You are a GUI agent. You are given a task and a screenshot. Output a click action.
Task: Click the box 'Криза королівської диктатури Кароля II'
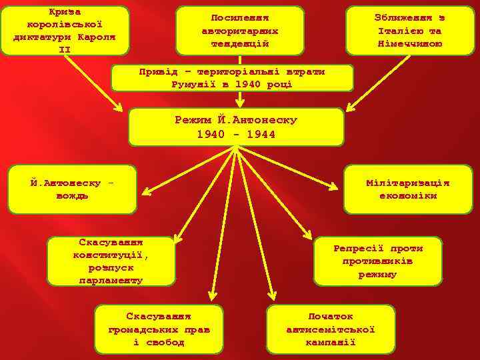pyautogui.click(x=65, y=31)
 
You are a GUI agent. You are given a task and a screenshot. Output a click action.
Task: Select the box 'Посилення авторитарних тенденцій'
pyautogui.click(x=239, y=31)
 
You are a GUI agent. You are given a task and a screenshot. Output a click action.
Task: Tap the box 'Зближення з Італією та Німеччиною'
pyautogui.click(x=409, y=31)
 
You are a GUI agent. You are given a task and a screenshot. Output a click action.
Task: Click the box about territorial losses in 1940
pyautogui.click(x=232, y=78)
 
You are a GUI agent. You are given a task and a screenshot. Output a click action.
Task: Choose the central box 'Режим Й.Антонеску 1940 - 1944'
pyautogui.click(x=235, y=127)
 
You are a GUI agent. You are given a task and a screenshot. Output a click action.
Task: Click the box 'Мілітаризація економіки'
pyautogui.click(x=408, y=189)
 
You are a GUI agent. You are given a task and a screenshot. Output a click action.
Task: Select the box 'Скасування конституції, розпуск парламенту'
pyautogui.click(x=111, y=261)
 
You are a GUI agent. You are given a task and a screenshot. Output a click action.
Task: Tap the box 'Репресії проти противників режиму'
pyautogui.click(x=377, y=261)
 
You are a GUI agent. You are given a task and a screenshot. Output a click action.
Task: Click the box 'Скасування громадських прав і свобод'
pyautogui.click(x=158, y=329)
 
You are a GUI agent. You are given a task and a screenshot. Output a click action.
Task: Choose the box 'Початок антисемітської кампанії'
pyautogui.click(x=330, y=329)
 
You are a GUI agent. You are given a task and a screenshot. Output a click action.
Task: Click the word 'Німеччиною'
pyautogui.click(x=409, y=44)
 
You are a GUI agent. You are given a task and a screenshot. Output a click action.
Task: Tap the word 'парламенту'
pyautogui.click(x=111, y=281)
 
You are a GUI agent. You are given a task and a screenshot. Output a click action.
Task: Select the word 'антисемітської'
pyautogui.click(x=330, y=329)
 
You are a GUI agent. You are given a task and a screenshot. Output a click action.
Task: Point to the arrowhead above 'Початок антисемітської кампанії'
pyautogui.click(x=274, y=298)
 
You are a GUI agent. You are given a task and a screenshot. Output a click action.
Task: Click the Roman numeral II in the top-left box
pyautogui.click(x=65, y=49)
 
